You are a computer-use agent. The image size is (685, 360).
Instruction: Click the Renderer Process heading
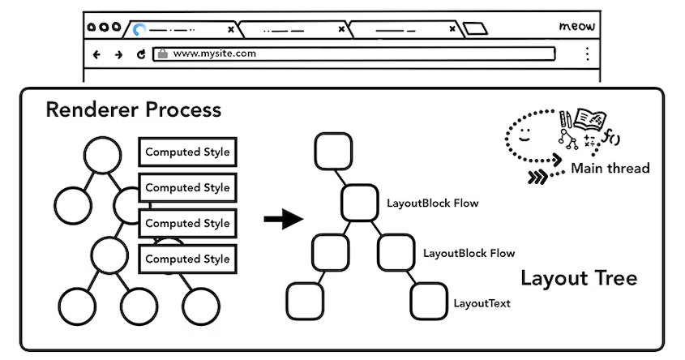tap(133, 109)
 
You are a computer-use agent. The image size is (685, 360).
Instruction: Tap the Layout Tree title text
tap(578, 278)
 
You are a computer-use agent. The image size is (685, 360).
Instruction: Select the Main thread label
tap(610, 169)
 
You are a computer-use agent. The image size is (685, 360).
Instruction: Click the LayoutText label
tap(482, 303)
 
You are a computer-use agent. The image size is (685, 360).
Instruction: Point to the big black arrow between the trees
tap(283, 219)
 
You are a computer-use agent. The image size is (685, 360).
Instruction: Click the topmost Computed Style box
tap(187, 152)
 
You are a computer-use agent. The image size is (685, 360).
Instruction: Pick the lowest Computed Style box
tap(187, 259)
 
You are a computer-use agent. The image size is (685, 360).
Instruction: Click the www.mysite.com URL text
tap(215, 54)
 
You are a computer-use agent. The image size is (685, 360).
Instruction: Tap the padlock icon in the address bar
tap(162, 54)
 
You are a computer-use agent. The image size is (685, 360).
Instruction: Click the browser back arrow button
tap(97, 55)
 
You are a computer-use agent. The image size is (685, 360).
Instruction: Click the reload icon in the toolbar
tap(141, 55)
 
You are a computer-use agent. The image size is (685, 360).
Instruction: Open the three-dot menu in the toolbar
tap(587, 54)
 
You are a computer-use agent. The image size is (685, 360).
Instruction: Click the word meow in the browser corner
tap(577, 27)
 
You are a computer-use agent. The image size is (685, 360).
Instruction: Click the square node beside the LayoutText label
tap(430, 302)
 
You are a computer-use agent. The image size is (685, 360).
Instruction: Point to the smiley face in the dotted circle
tap(524, 133)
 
